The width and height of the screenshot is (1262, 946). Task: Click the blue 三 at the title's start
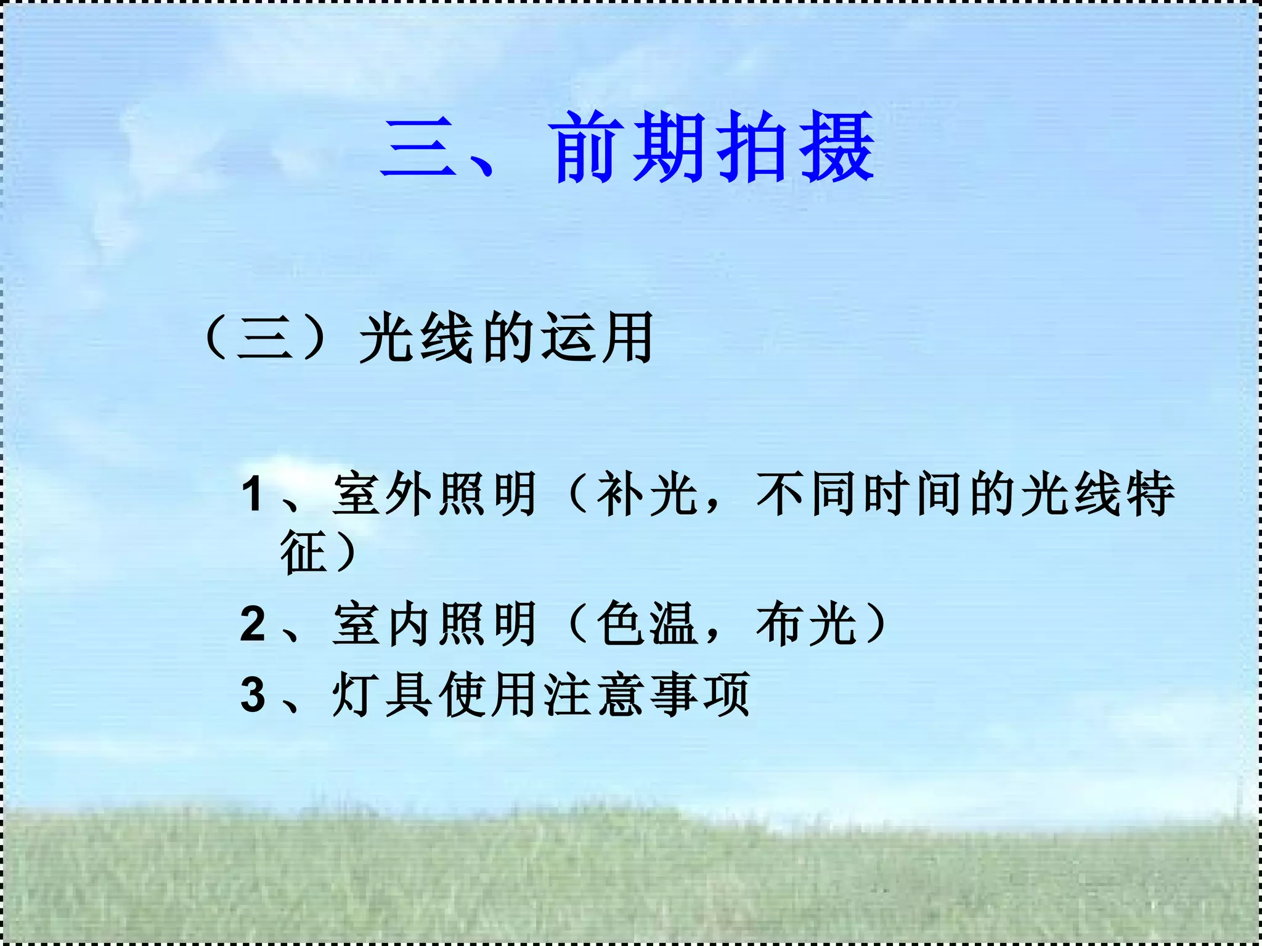point(419,148)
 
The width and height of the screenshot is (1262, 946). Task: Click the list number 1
point(253,494)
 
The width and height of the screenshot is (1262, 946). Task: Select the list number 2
point(253,624)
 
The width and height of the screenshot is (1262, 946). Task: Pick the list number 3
point(253,695)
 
